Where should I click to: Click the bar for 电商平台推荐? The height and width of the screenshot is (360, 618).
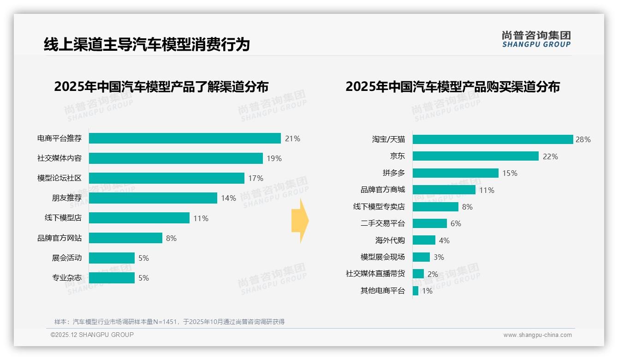[x=184, y=138]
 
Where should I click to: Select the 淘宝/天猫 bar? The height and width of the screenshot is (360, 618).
[x=493, y=139]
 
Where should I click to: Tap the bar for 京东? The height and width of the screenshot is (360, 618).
[x=475, y=156]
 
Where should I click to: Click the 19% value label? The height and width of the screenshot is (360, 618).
[x=274, y=158]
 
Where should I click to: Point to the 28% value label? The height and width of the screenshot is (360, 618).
[x=583, y=139]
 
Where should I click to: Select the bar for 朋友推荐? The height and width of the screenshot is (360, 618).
[x=153, y=198]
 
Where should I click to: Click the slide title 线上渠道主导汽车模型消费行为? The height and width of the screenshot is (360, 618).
[x=147, y=45]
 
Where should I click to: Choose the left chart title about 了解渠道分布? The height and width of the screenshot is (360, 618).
[x=161, y=87]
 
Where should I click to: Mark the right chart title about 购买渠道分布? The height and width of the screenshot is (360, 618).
[x=452, y=87]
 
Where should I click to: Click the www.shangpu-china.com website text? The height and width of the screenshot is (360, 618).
[x=537, y=335]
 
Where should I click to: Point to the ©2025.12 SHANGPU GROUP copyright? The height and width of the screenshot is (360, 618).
[x=92, y=335]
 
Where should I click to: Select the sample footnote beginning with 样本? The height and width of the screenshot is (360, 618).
[x=169, y=322]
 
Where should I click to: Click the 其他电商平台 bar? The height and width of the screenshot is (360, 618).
[x=416, y=291]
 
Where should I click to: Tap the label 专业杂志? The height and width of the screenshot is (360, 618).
[x=67, y=278]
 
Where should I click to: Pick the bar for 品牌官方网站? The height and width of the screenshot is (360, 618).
[x=125, y=238]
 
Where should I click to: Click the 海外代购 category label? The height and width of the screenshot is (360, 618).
[x=390, y=240]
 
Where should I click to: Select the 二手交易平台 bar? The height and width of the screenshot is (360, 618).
[x=429, y=223]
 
